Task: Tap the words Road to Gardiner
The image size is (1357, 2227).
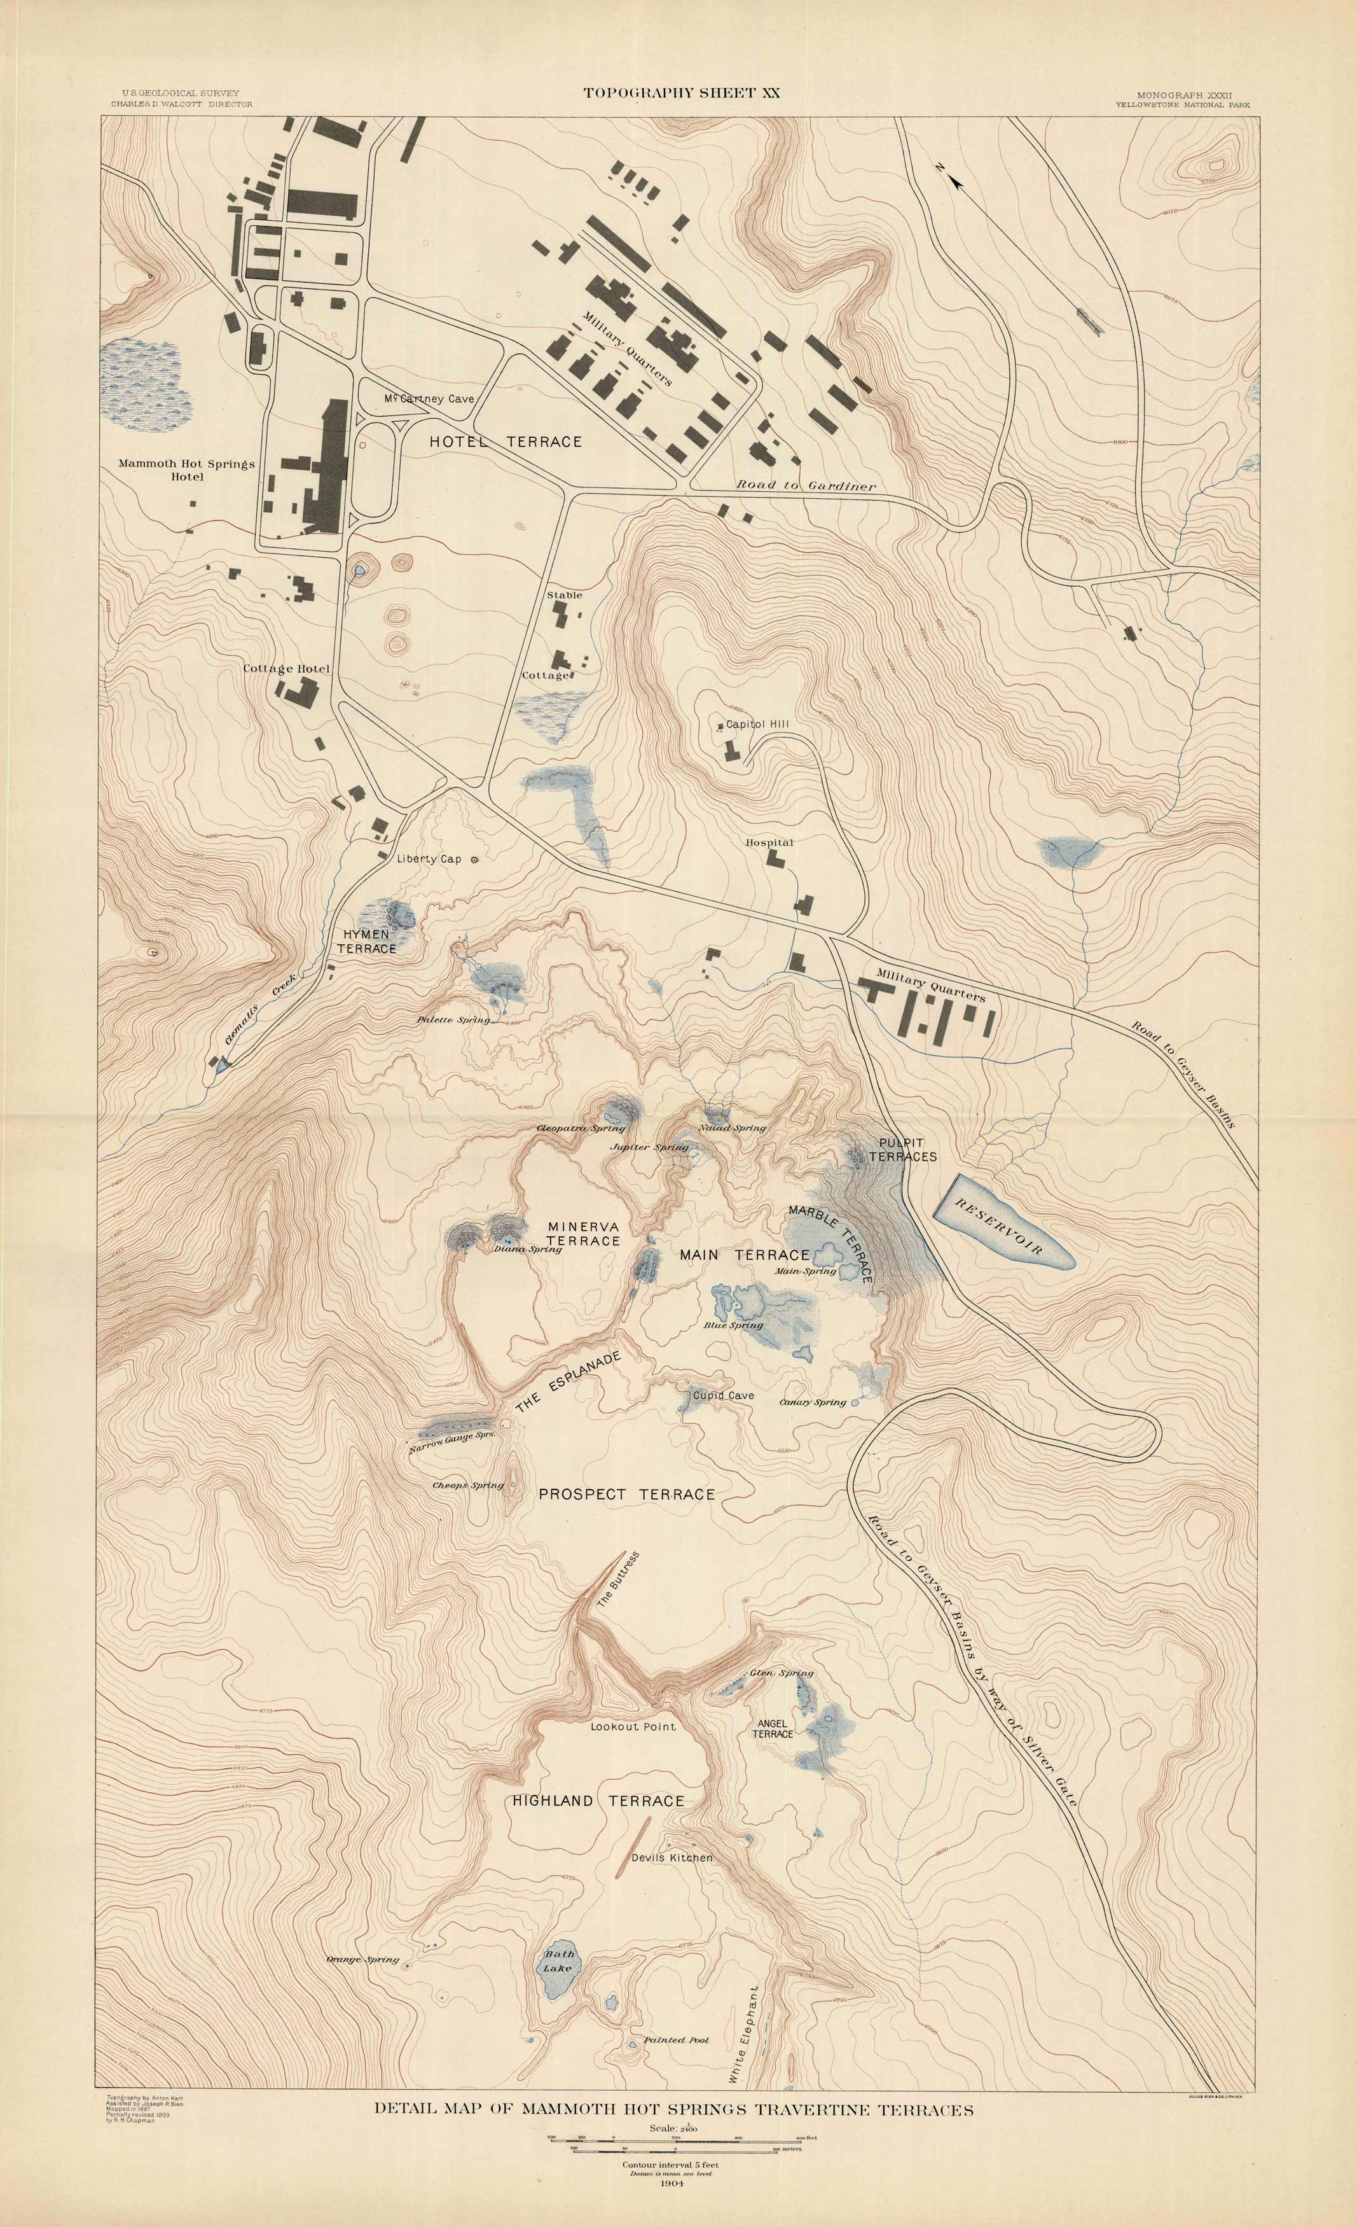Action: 806,485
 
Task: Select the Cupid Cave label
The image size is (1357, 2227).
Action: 723,1395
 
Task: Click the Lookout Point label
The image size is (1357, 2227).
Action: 633,1726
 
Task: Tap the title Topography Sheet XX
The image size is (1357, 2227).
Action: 681,92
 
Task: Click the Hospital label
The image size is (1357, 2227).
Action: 769,842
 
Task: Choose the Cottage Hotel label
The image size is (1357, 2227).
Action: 286,669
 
